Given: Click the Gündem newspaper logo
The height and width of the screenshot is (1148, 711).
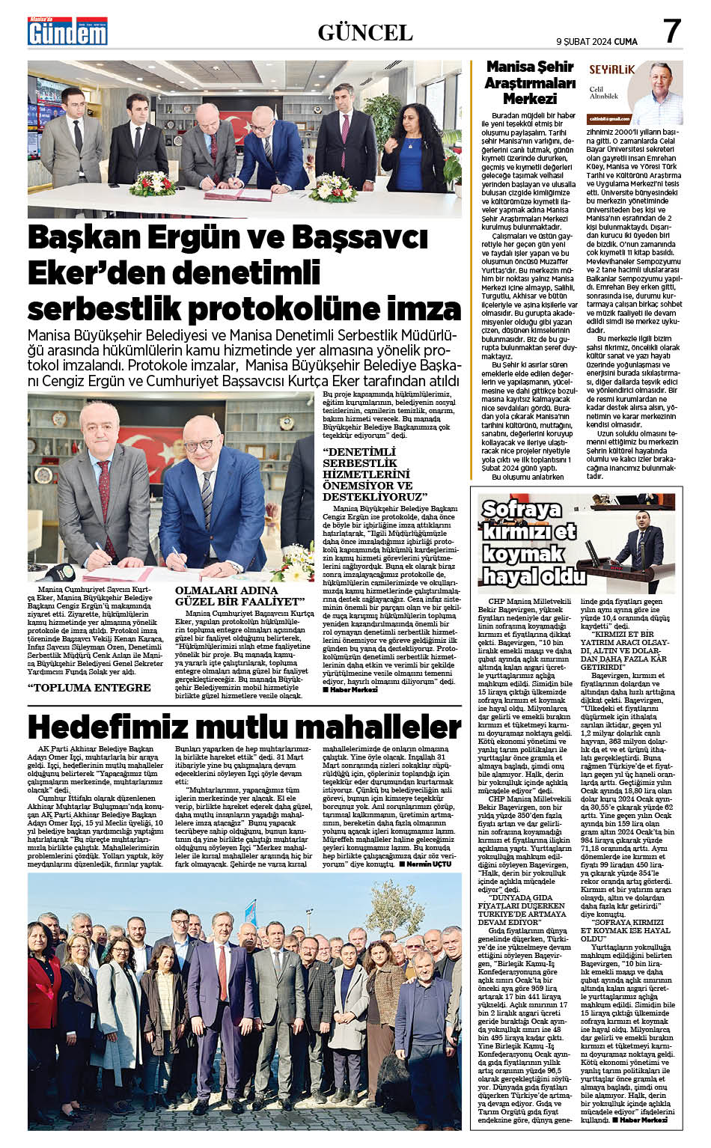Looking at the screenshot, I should (x=67, y=31).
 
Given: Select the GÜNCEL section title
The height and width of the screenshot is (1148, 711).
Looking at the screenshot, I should (x=365, y=32).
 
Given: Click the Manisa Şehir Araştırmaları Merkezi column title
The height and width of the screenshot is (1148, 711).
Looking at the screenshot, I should (x=529, y=82).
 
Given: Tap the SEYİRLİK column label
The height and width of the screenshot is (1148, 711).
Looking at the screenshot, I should (x=611, y=70).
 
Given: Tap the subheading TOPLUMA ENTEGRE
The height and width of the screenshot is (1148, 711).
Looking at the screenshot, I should (x=89, y=687).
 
